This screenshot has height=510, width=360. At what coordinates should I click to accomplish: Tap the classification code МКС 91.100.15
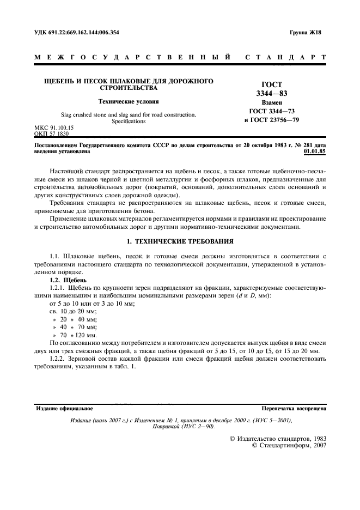point(54,128)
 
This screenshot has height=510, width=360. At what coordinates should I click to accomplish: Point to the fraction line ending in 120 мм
point(75,335)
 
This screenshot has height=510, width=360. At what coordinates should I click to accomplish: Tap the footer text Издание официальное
point(64,408)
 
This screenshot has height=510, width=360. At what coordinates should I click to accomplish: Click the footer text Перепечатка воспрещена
point(294,408)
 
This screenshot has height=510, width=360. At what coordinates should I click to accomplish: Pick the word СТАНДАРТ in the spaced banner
point(286,57)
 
